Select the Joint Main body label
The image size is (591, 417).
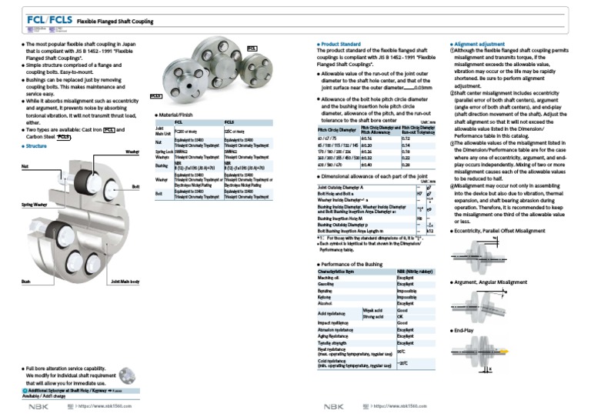click(125, 282)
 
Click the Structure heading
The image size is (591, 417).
click(35, 145)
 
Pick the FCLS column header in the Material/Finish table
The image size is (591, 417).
click(229, 122)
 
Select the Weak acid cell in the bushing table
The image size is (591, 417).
click(373, 310)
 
